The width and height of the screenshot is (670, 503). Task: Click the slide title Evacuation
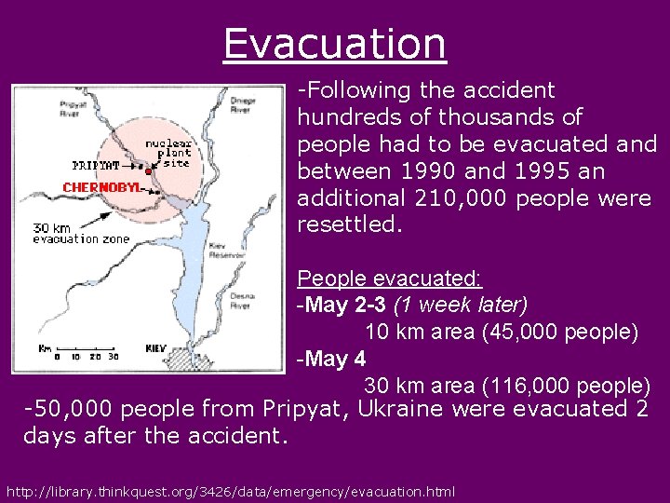click(x=335, y=44)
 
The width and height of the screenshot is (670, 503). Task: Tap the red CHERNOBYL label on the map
click(x=101, y=187)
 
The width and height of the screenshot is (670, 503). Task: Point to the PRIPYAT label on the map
click(x=96, y=166)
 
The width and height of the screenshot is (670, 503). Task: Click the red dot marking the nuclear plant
click(x=149, y=171)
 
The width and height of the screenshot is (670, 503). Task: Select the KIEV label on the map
click(x=155, y=347)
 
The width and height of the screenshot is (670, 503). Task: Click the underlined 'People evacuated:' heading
click(x=389, y=279)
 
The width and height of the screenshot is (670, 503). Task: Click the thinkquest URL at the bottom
click(x=231, y=491)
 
